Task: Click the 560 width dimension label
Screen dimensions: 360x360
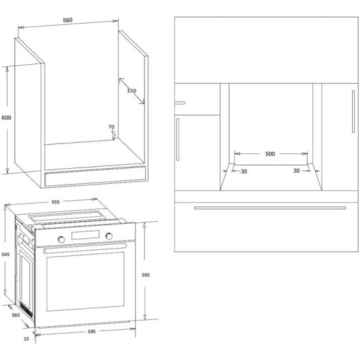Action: tap(67, 20)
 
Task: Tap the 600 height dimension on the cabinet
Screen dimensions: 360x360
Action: tap(7, 118)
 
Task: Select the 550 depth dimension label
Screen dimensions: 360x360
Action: tap(132, 91)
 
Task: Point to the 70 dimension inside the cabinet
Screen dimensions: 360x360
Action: tap(111, 127)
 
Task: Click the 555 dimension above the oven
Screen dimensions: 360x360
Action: tap(56, 202)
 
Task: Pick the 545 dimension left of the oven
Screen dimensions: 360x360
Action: tap(5, 255)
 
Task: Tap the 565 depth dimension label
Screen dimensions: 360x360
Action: tap(16, 315)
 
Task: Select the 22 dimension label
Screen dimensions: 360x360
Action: tap(26, 338)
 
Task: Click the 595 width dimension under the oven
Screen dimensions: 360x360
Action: tap(92, 332)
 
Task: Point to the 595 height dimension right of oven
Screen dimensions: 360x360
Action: tap(145, 275)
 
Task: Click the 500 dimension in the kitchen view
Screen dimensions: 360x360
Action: tap(270, 154)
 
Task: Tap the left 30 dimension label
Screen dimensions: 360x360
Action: tap(244, 171)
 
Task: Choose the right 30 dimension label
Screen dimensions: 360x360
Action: tap(297, 171)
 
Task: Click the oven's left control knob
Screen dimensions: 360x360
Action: tap(62, 240)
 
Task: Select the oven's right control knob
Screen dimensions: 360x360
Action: tap(109, 236)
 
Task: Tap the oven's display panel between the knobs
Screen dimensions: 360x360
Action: tap(85, 235)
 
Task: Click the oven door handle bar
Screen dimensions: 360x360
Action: tap(84, 249)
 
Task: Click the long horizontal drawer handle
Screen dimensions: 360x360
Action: tap(270, 208)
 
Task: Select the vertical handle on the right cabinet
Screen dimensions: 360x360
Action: tap(353, 111)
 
